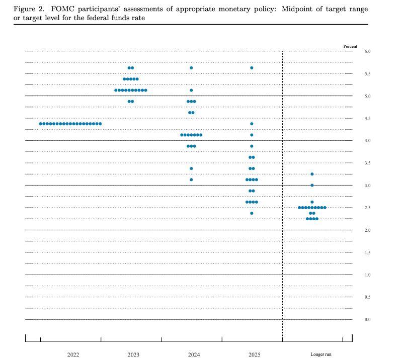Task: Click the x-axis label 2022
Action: pyautogui.click(x=73, y=354)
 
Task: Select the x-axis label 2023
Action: pyautogui.click(x=133, y=354)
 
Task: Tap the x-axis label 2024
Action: pyautogui.click(x=194, y=354)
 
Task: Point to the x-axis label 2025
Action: pyautogui.click(x=255, y=354)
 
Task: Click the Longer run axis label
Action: pyautogui.click(x=321, y=354)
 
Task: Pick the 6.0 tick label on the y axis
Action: pyautogui.click(x=368, y=51)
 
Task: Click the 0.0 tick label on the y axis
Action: pyautogui.click(x=368, y=319)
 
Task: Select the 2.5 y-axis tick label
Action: pyautogui.click(x=368, y=208)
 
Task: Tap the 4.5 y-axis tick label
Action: pyautogui.click(x=368, y=119)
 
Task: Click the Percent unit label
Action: pyautogui.click(x=350, y=46)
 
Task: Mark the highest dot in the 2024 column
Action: pyautogui.click(x=191, y=68)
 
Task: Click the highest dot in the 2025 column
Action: pyautogui.click(x=252, y=68)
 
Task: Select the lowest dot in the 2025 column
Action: pyautogui.click(x=252, y=213)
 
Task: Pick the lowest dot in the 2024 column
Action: pyautogui.click(x=191, y=179)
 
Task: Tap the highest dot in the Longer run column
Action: pyautogui.click(x=312, y=174)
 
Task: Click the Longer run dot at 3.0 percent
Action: pyautogui.click(x=312, y=185)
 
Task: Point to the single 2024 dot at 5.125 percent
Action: pyautogui.click(x=191, y=91)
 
